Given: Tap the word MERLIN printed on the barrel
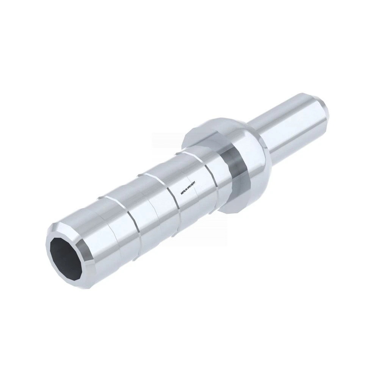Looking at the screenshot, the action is click(185, 191).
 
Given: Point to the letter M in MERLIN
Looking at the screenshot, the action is click(182, 193).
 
